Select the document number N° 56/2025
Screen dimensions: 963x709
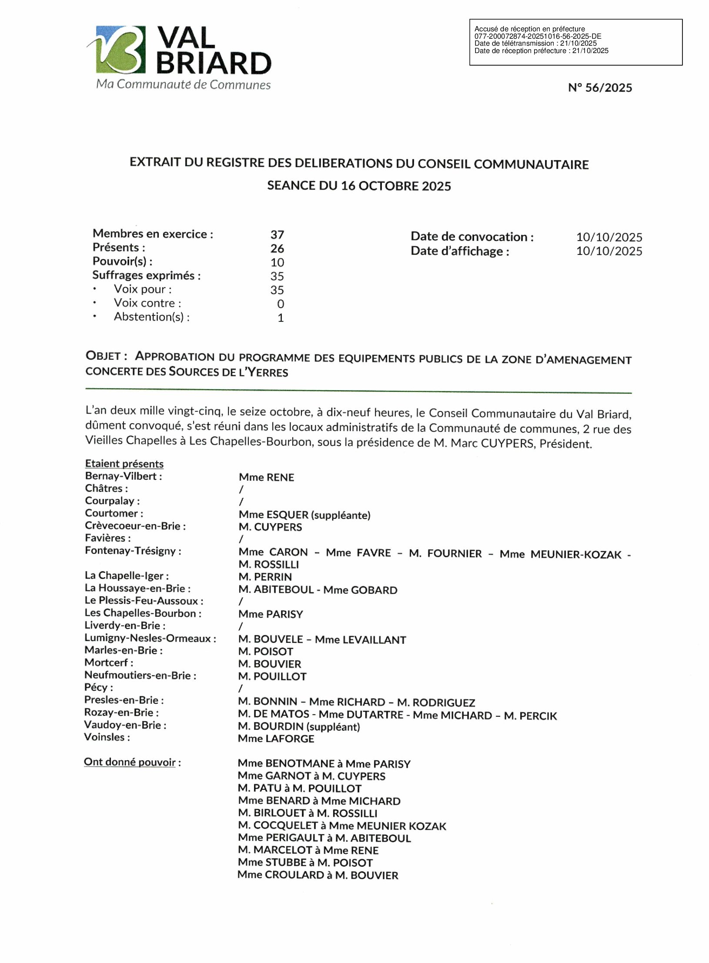[x=600, y=88]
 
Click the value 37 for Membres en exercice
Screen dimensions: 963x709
[x=277, y=235]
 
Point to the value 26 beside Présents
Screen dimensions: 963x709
[x=277, y=249]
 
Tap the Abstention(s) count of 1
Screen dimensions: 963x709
[x=281, y=318]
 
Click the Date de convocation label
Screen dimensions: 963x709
[x=472, y=237]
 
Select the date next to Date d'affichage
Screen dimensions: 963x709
[x=609, y=251]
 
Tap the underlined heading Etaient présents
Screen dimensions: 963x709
[x=124, y=463]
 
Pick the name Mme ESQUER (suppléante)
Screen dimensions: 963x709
[x=304, y=515]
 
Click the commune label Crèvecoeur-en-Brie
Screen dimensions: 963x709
[x=135, y=526]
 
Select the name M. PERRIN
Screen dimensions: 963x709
[x=265, y=577]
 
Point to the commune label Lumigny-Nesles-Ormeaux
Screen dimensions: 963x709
[x=150, y=638]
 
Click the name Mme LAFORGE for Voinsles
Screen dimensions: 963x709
[x=276, y=739]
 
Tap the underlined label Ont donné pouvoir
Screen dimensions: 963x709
[x=130, y=762]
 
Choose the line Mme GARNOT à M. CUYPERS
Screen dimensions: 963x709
[x=311, y=776]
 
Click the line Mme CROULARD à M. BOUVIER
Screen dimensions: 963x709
[x=318, y=875]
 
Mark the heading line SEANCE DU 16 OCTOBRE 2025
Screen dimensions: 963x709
[x=359, y=186]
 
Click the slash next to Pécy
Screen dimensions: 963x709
[x=241, y=688]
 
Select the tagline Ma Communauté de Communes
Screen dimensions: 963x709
[x=183, y=84]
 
